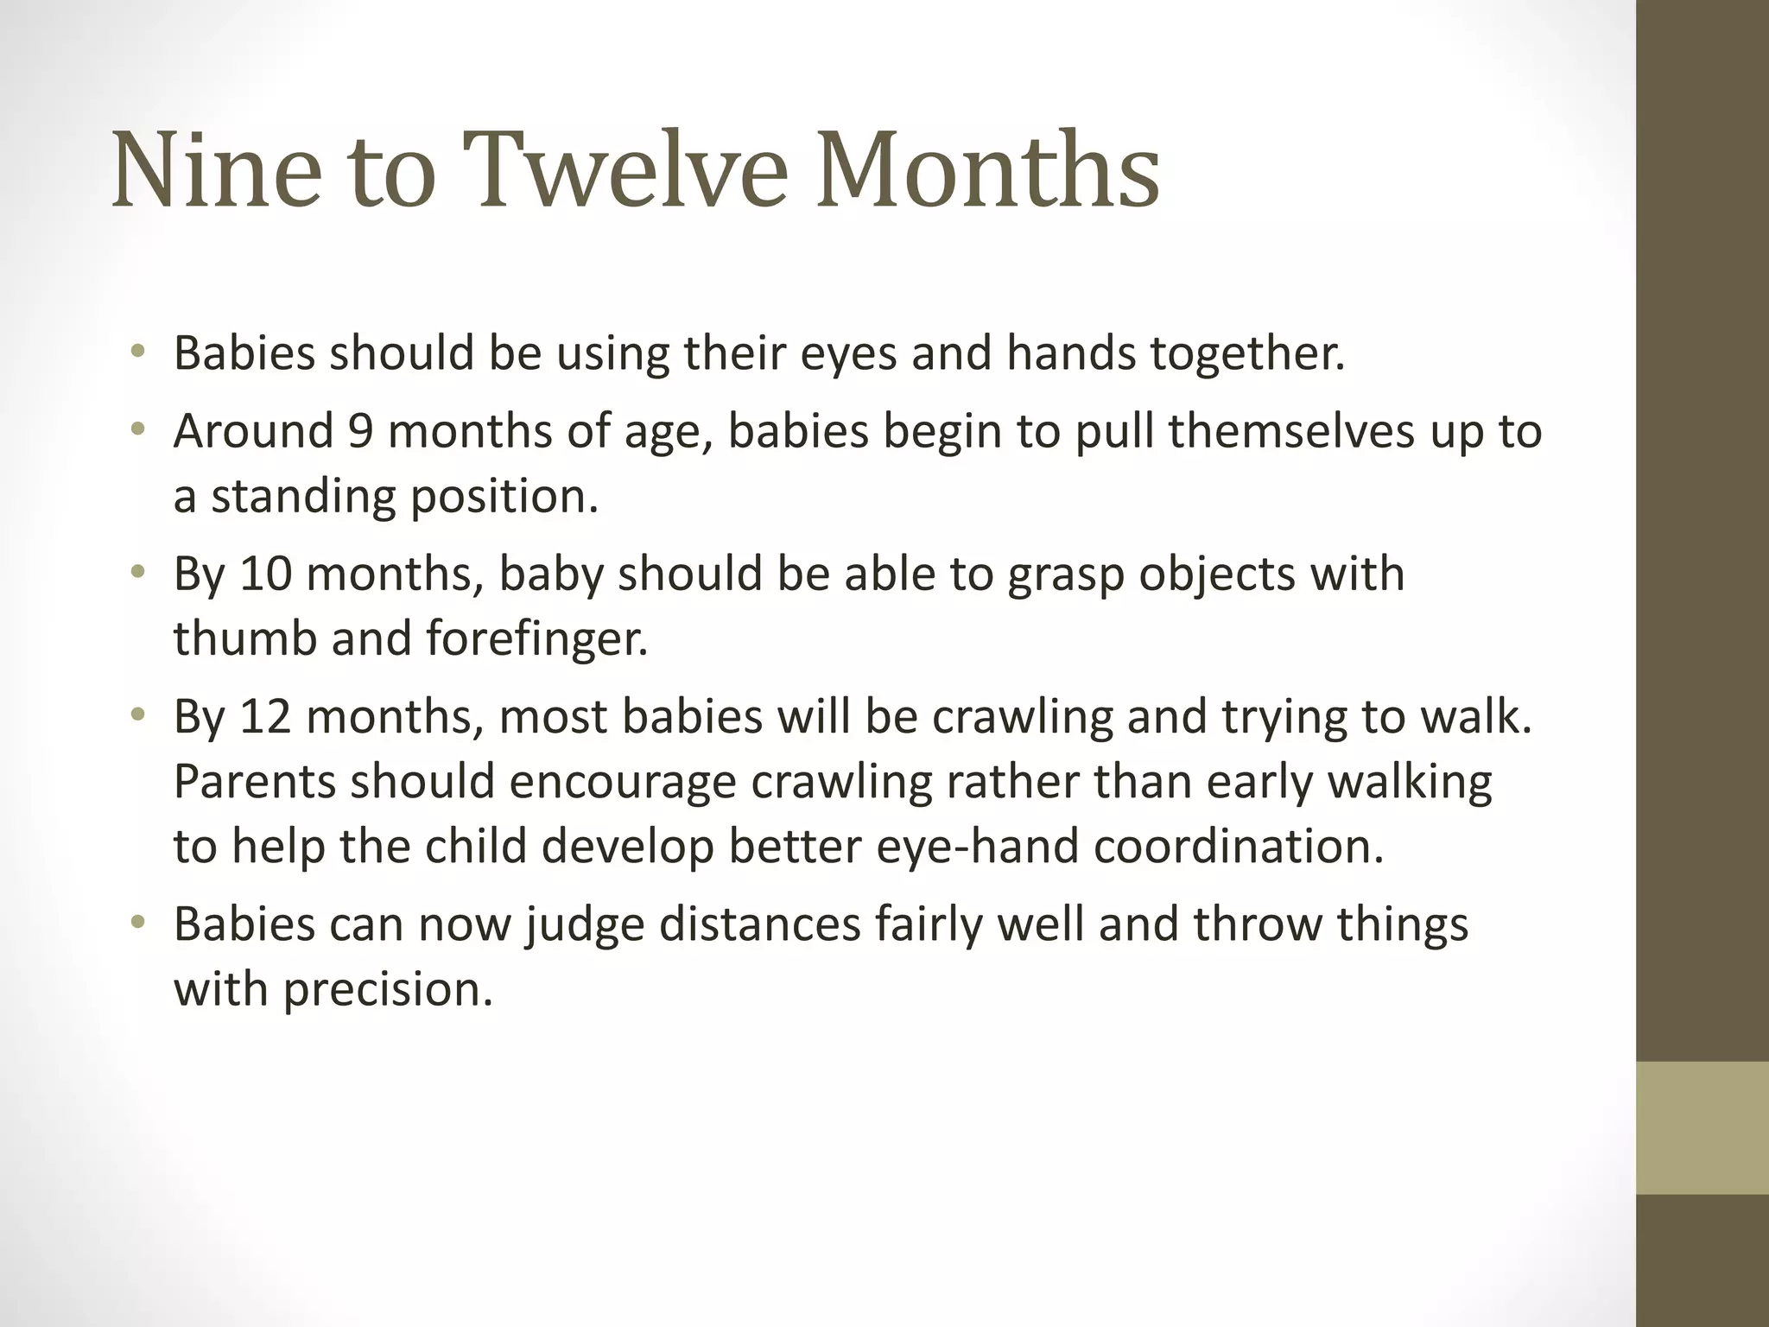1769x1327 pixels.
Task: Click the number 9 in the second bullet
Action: (360, 431)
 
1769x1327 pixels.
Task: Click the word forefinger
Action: (536, 638)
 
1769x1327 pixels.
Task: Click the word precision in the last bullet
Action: (388, 989)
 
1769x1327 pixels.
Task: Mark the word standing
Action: (303, 497)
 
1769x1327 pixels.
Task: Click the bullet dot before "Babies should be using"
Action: (137, 352)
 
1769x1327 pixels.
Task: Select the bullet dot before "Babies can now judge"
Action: (137, 923)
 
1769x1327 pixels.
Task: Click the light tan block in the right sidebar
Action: (1702, 1127)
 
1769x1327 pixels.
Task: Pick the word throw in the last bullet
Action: (1257, 924)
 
